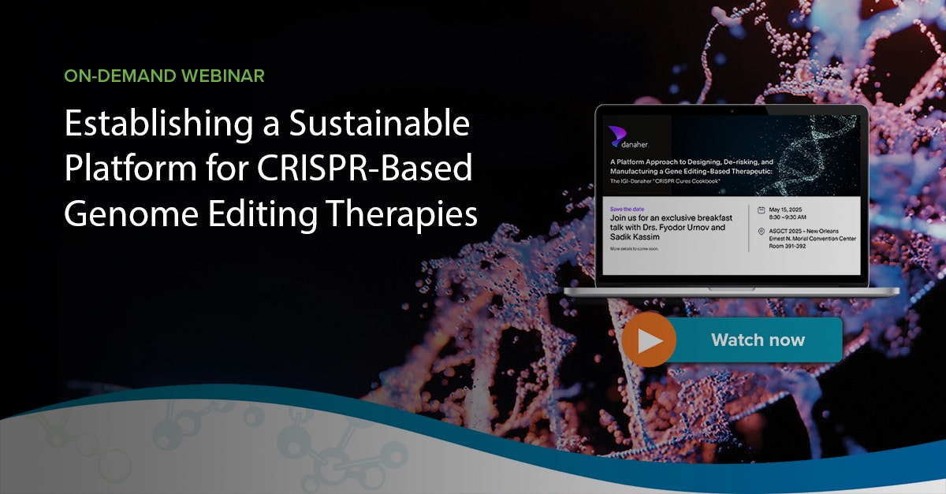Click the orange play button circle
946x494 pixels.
click(x=649, y=340)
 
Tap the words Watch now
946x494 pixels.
click(x=758, y=340)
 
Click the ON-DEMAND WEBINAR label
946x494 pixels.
click(x=164, y=76)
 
